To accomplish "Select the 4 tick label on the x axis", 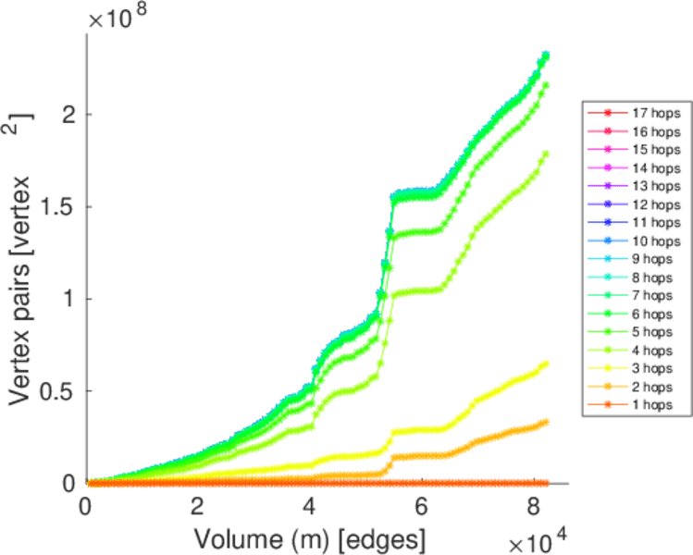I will click(309, 506).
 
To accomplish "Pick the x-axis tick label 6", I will click(421, 506).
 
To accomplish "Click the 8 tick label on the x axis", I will click(532, 506).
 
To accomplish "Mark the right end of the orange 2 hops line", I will click(546, 421).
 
